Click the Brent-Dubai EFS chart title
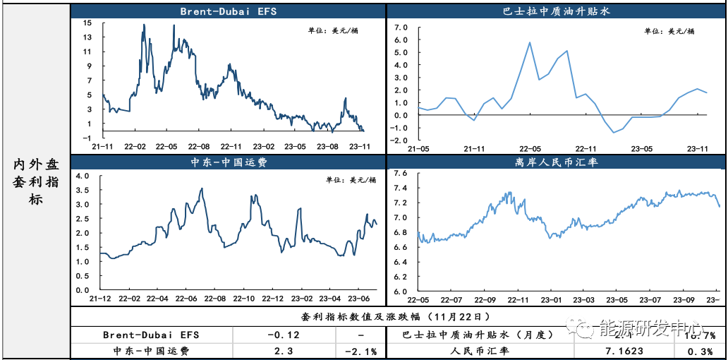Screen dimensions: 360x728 227,11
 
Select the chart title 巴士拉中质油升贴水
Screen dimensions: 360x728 556,11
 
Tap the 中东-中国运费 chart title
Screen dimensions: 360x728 227,162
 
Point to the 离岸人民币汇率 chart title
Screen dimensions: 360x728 556,162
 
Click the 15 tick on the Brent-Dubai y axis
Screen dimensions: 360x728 87,23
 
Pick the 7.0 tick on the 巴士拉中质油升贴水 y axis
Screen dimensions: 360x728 402,28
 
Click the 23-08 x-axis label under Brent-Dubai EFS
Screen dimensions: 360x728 328,146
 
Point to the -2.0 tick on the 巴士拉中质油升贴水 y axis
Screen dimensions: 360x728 400,140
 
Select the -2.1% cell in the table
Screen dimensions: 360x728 360,350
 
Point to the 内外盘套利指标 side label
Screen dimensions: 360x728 36,181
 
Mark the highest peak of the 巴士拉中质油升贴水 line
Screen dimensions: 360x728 530,42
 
